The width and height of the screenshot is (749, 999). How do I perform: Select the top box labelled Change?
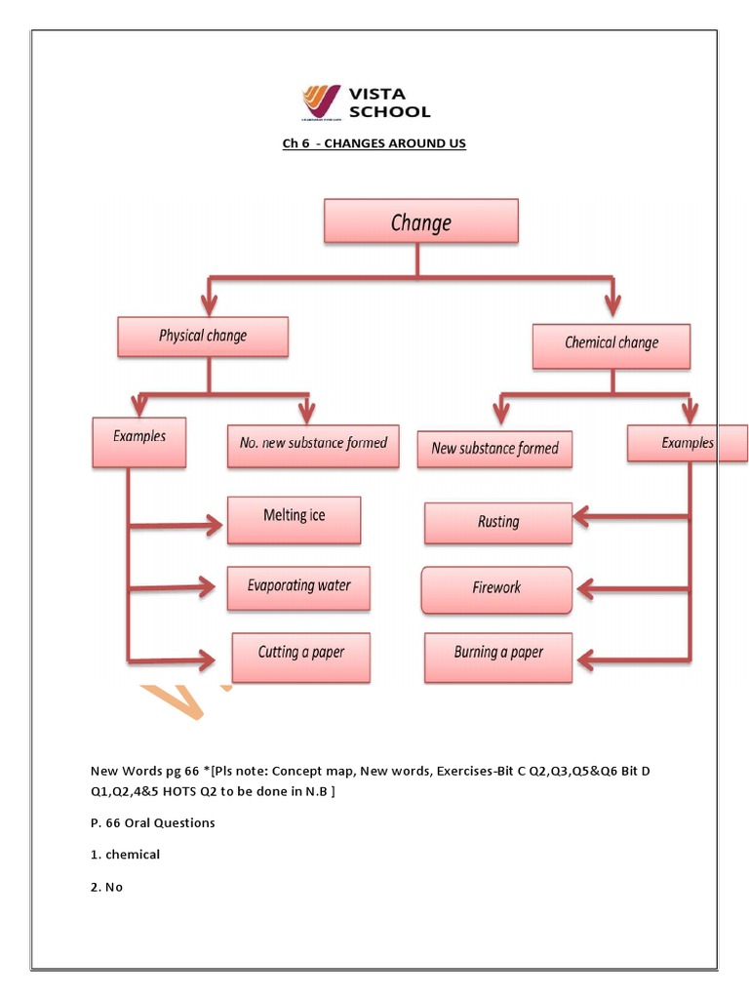click(x=420, y=221)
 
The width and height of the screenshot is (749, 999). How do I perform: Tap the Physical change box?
click(x=203, y=337)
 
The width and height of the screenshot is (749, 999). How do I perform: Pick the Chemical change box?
click(x=611, y=344)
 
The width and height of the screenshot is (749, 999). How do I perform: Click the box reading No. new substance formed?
click(x=313, y=444)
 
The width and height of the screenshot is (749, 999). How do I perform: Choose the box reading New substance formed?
click(x=494, y=449)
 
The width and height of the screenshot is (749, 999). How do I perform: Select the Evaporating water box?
click(x=298, y=587)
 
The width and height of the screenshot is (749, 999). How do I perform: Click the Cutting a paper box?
click(x=301, y=656)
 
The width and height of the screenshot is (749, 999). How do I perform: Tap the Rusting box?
click(x=498, y=523)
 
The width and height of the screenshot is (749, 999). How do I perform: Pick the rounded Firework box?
click(x=497, y=589)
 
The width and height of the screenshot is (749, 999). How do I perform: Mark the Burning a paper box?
click(x=498, y=655)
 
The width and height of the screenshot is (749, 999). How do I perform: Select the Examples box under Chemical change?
click(x=688, y=444)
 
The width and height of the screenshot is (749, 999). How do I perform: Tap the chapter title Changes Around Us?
click(x=374, y=143)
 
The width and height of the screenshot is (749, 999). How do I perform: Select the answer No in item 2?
click(x=115, y=887)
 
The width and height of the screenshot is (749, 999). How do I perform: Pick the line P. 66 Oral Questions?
click(x=152, y=822)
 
